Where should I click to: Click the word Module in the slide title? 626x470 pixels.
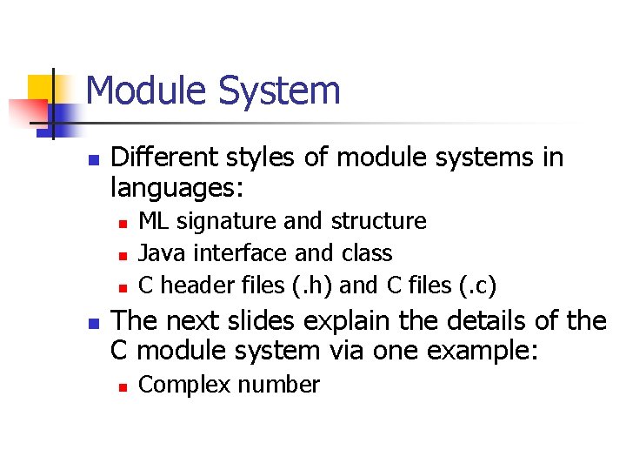(x=145, y=91)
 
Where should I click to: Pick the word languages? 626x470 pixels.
(x=176, y=187)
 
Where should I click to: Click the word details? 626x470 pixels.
(x=475, y=320)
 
